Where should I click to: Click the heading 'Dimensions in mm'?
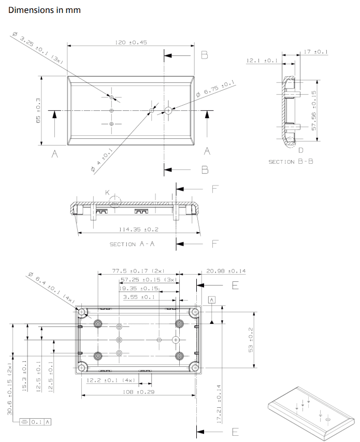pos(45,10)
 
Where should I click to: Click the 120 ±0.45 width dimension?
pos(131,42)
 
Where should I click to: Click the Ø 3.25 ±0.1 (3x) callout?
pos(37,47)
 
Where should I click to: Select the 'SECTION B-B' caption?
pos(291,162)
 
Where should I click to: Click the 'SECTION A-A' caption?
pos(132,244)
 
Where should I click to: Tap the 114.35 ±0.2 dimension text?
pos(138,229)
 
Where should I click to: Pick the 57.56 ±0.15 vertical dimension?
pos(313,110)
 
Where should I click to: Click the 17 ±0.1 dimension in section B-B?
pos(316,52)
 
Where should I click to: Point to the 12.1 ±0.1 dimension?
pos(262,61)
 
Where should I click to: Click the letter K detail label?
pos(108,192)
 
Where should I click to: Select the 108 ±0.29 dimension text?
pos(138,392)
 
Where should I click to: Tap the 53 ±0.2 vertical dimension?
pos(251,340)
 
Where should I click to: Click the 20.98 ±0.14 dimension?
pos(226,270)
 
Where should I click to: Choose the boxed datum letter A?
pos(211,300)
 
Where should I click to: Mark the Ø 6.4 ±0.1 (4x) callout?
pos(52,289)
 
